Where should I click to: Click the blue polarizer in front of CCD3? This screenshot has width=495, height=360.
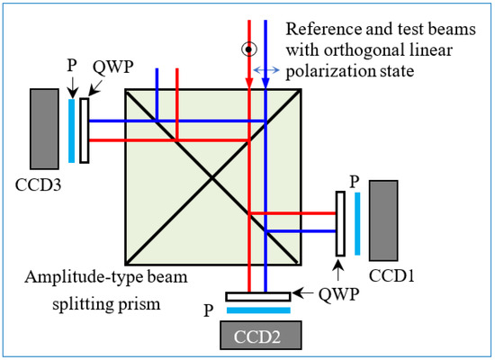pos(71,130)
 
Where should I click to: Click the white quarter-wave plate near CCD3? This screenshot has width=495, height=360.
pos(84,130)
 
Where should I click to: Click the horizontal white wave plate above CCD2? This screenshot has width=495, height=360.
pos(258,296)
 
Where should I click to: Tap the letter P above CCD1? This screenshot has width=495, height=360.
pos(355,180)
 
